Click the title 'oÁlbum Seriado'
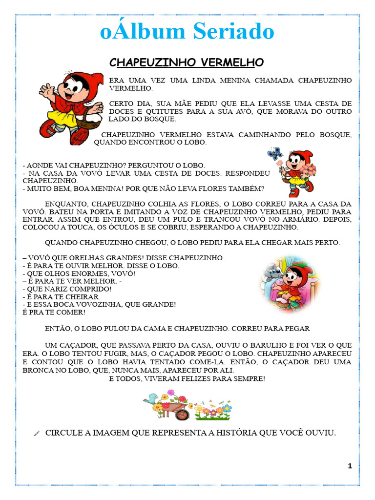pyautogui.click(x=187, y=32)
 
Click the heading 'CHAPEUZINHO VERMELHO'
pyautogui.click(x=186, y=62)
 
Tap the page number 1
pyautogui.click(x=350, y=466)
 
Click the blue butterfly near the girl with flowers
pyautogui.click(x=275, y=154)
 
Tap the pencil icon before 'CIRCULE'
pyautogui.click(x=37, y=433)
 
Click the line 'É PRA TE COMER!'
pyautogui.click(x=54, y=312)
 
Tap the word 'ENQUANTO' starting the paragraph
pyautogui.click(x=63, y=204)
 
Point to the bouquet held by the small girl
pyautogui.click(x=308, y=170)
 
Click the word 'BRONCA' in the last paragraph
pyautogui.click(x=37, y=370)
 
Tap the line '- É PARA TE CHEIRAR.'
pyautogui.click(x=62, y=297)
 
